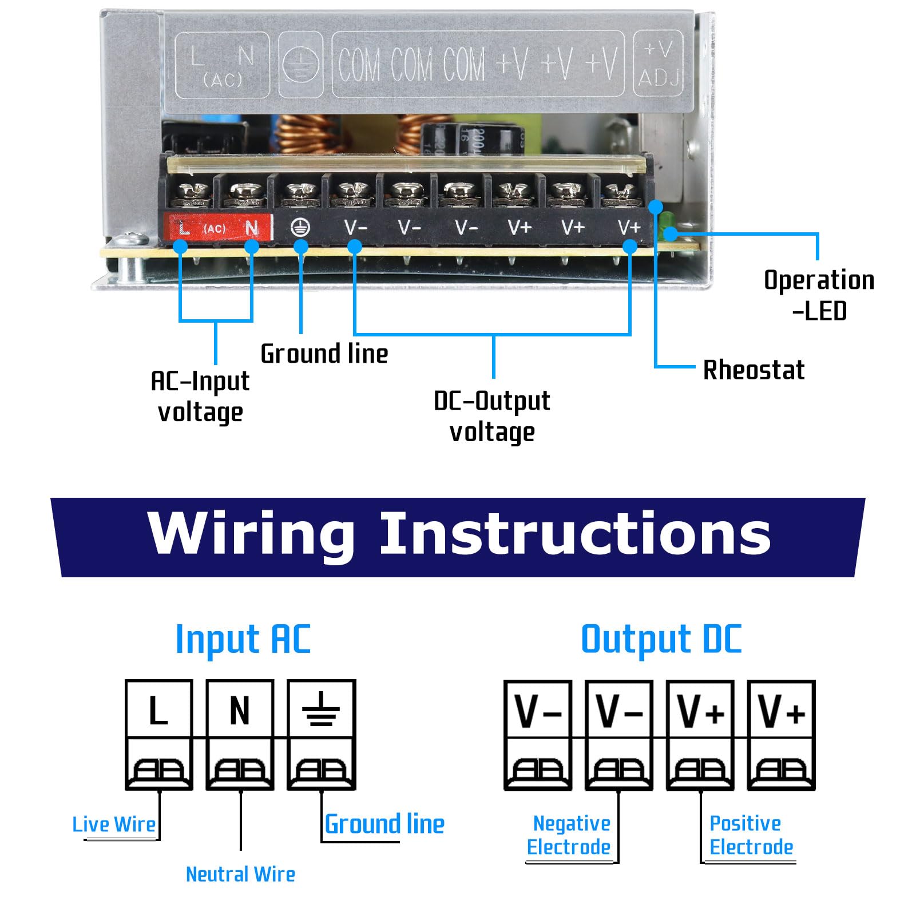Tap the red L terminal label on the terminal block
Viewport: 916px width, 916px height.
[183, 228]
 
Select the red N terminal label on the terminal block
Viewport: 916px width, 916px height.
[251, 228]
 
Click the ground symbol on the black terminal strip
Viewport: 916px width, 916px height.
[300, 228]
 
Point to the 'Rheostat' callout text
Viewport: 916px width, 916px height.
[754, 370]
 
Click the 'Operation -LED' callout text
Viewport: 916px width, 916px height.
[819, 295]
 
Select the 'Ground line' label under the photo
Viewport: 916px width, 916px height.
[324, 354]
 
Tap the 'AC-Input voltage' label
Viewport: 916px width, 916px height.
[200, 396]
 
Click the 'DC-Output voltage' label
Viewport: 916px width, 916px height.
[491, 417]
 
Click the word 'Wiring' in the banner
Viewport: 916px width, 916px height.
[251, 534]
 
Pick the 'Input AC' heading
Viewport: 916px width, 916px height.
[243, 639]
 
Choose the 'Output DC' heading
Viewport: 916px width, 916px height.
[661, 639]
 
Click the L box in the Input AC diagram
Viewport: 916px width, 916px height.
[159, 709]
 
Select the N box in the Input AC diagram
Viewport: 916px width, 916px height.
[240, 709]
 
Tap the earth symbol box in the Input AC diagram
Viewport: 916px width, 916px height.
[321, 709]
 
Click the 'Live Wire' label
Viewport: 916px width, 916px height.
[114, 824]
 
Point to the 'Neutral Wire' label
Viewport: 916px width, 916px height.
[240, 874]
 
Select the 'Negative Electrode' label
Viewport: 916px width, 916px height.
[569, 835]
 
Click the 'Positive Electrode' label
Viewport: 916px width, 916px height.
[751, 835]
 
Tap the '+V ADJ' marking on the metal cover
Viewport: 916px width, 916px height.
[659, 64]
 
